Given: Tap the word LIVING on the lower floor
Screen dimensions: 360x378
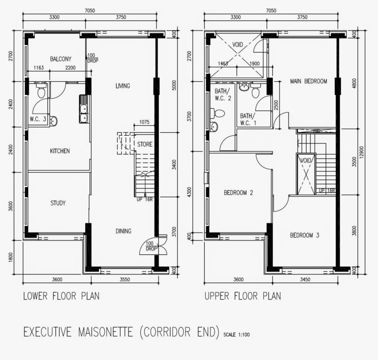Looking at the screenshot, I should pyautogui.click(x=123, y=86).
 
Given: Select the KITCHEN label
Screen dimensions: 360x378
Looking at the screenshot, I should pyautogui.click(x=60, y=151).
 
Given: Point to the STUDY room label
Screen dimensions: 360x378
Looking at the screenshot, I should pyautogui.click(x=58, y=203).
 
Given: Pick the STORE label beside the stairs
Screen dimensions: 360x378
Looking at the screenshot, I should pyautogui.click(x=145, y=145).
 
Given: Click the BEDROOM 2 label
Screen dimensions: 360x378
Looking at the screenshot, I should pyautogui.click(x=238, y=193).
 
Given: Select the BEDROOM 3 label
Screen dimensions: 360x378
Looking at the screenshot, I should pyautogui.click(x=305, y=235).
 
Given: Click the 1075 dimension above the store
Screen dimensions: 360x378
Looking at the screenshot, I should pyautogui.click(x=145, y=122).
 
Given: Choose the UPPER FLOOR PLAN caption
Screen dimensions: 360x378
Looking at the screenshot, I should pyautogui.click(x=244, y=296).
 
